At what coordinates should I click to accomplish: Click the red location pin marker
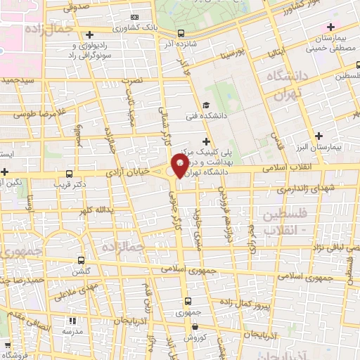tap(180, 167)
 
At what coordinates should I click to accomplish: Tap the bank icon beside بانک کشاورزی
tap(135, 17)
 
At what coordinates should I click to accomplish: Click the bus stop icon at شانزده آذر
tap(181, 33)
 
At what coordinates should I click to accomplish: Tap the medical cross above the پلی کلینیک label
tap(205, 141)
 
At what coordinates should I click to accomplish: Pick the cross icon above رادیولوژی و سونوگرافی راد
tap(89, 34)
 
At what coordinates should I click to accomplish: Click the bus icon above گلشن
tap(80, 259)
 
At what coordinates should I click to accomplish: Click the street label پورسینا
tap(230, 53)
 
